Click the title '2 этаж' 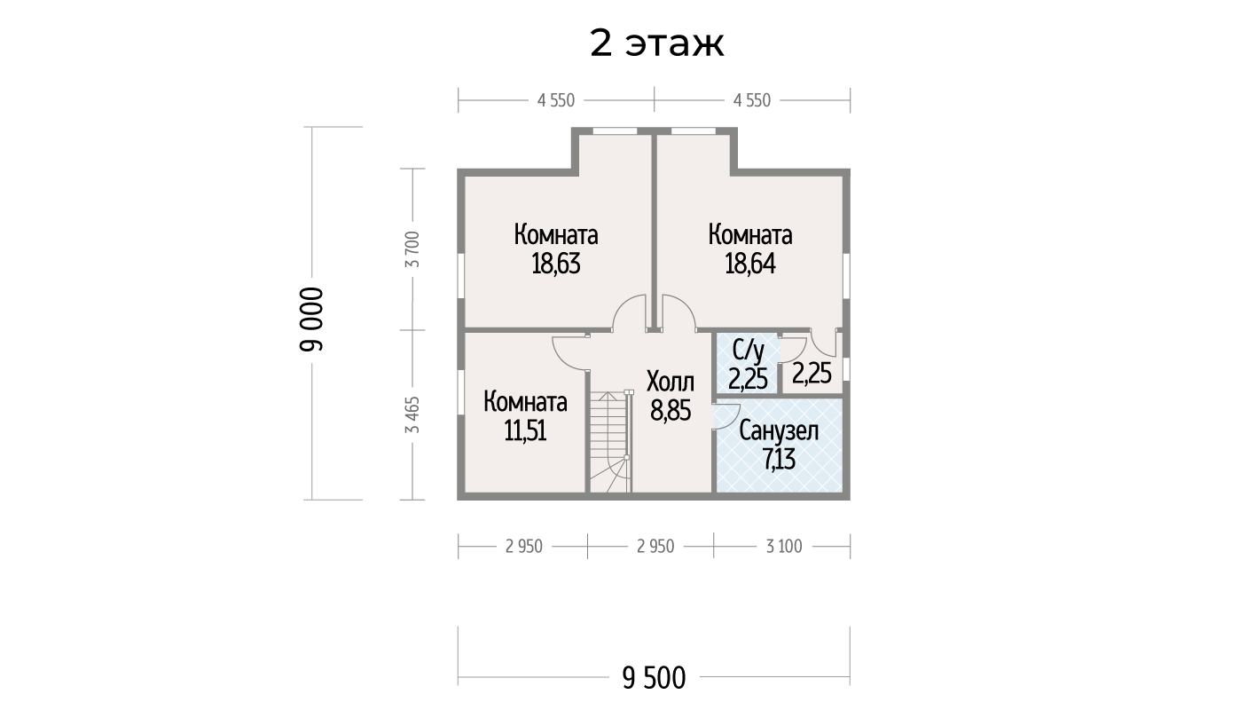[656, 43]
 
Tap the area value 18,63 [556, 264]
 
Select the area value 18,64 [750, 264]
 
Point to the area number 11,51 [526, 430]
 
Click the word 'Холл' [671, 382]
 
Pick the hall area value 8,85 [671, 411]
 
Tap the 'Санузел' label [779, 430]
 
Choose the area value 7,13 [779, 460]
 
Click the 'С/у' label [748, 351]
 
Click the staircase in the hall [611, 441]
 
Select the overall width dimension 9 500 [654, 678]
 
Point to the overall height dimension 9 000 [312, 319]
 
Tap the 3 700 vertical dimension [412, 249]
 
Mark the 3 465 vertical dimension [412, 415]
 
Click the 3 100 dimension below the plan [784, 546]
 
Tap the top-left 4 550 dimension [556, 100]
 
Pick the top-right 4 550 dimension [752, 100]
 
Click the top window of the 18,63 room [615, 131]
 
